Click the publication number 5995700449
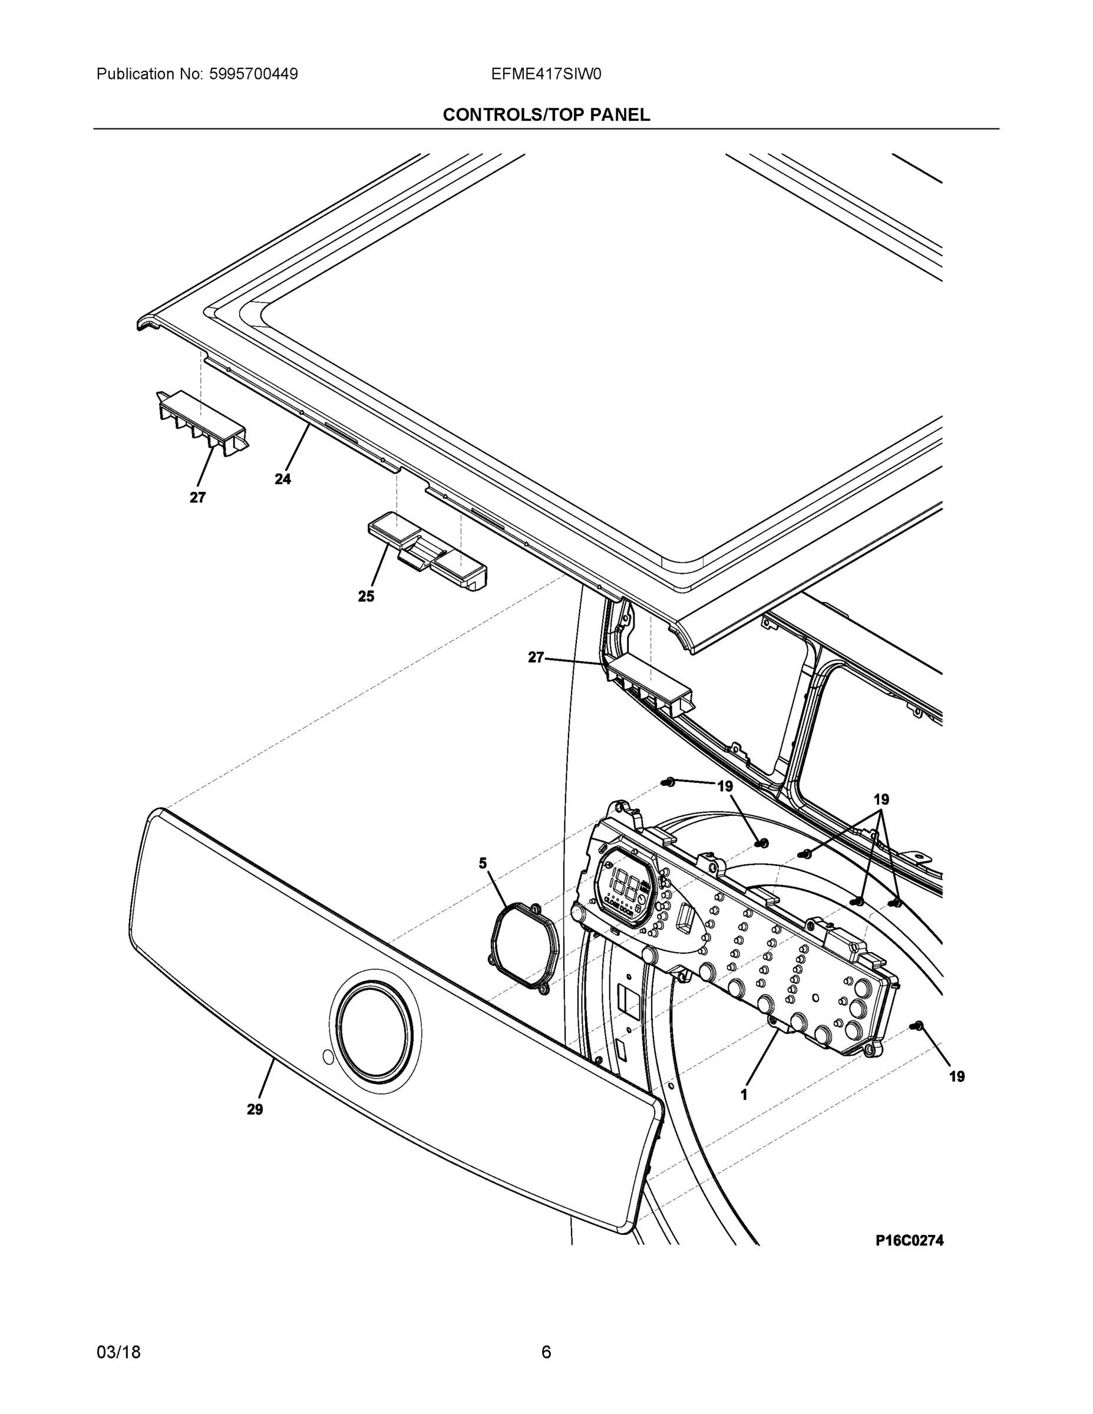click(x=253, y=74)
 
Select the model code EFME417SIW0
click(x=546, y=74)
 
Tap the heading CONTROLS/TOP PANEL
click(x=546, y=115)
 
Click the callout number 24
click(x=282, y=480)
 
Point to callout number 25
click(x=366, y=597)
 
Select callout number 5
click(x=483, y=863)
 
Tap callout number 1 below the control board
click(x=744, y=1095)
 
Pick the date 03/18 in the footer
click(x=118, y=1353)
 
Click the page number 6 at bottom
click(x=546, y=1353)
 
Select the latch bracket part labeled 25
click(x=427, y=551)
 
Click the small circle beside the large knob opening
click(x=328, y=1058)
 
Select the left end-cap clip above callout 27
click(x=202, y=422)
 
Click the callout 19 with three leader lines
click(x=881, y=799)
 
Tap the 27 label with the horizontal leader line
click(x=536, y=658)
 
